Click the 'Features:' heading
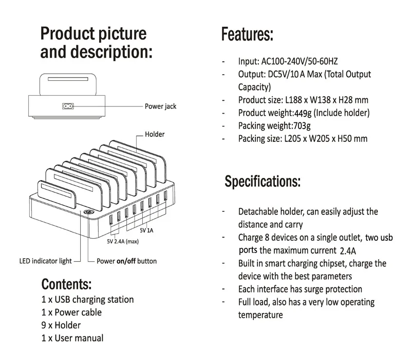coord(247,35)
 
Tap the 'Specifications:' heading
coord(263,182)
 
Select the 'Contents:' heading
coord(66,284)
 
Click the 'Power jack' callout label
coord(160,106)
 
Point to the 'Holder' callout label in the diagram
coord(155,134)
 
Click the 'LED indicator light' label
coord(45,261)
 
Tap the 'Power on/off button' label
coord(127,261)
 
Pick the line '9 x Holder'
coord(61,325)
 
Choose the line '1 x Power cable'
coord(71,312)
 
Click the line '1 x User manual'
coord(72,338)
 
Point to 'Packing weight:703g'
coord(274,125)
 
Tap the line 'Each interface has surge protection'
coord(300,289)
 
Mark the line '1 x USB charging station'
coord(87,299)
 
